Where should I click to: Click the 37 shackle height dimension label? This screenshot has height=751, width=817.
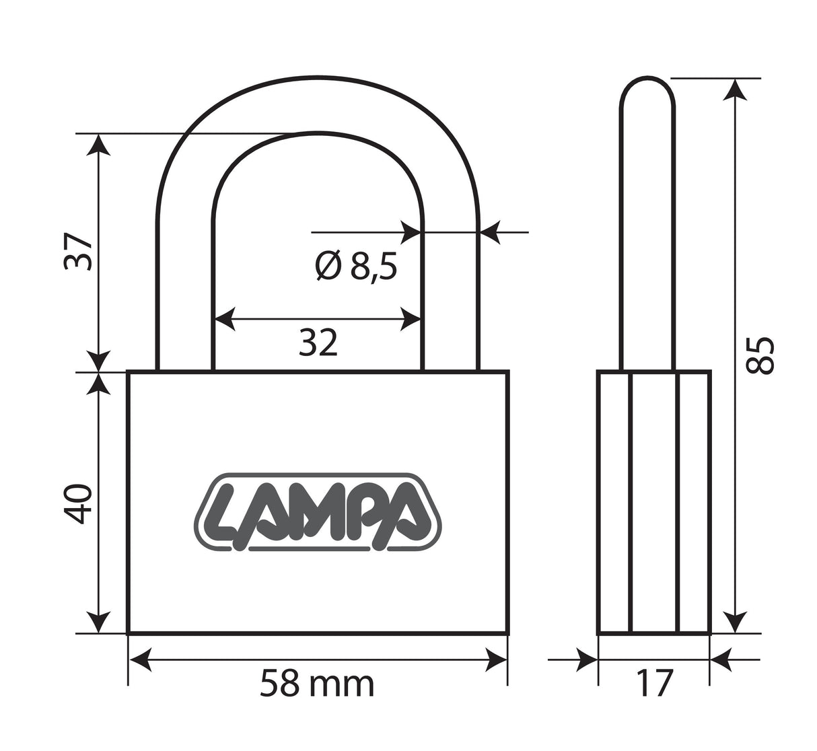coord(78,251)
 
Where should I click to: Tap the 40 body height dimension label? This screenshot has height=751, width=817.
coord(78,504)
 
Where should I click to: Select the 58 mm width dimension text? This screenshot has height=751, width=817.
coord(316,684)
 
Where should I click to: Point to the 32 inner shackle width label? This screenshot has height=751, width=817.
coord(318,343)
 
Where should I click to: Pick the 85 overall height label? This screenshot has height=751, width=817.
coord(759,355)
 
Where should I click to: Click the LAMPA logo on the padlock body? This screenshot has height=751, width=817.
coord(318,512)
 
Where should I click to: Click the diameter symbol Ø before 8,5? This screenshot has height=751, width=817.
coord(328,266)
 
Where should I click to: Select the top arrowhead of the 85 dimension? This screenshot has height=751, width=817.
coord(735,90)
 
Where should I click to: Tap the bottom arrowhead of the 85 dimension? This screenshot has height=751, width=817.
coord(735,622)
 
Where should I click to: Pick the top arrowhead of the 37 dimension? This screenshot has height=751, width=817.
coord(98,145)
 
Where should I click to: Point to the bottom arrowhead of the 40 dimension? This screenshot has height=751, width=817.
coord(98,622)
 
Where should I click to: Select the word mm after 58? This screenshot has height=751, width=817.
coord(341,686)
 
